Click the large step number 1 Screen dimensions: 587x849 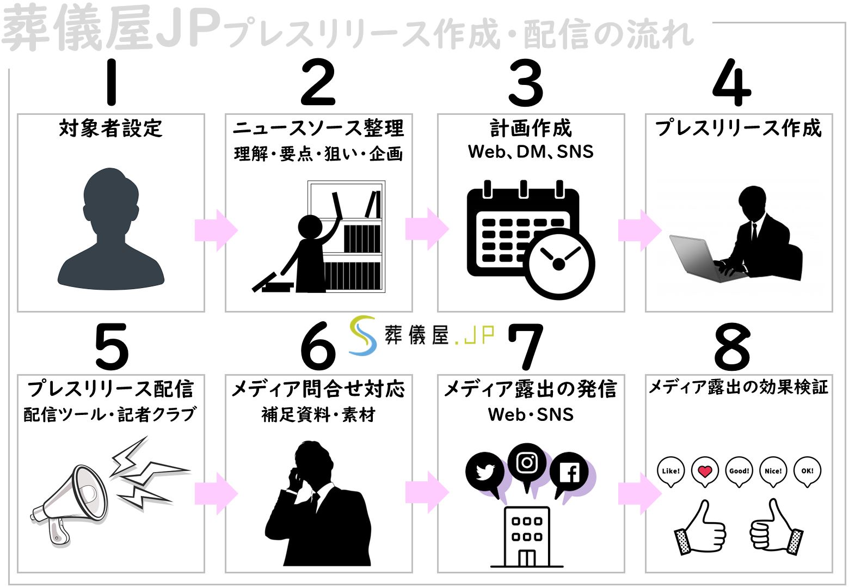[x=112, y=83]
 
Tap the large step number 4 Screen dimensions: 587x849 [x=732, y=83]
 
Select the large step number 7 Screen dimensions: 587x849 [x=526, y=346]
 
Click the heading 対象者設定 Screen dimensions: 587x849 [x=111, y=129]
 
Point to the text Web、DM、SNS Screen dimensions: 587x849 [x=531, y=152]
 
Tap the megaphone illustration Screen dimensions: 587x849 [x=71, y=504]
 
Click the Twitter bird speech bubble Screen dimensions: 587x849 [x=484, y=473]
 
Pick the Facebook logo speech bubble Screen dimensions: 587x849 [x=569, y=473]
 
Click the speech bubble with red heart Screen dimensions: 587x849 [x=705, y=471]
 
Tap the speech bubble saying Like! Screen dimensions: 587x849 [x=670, y=471]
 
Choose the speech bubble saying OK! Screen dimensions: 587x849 [x=807, y=471]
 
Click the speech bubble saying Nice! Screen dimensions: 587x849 [x=773, y=471]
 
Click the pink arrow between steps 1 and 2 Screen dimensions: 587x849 [x=216, y=230]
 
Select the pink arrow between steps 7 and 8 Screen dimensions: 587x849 [x=639, y=493]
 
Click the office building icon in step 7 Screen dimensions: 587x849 [x=526, y=536]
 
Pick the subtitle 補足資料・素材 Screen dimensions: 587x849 [x=318, y=415]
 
